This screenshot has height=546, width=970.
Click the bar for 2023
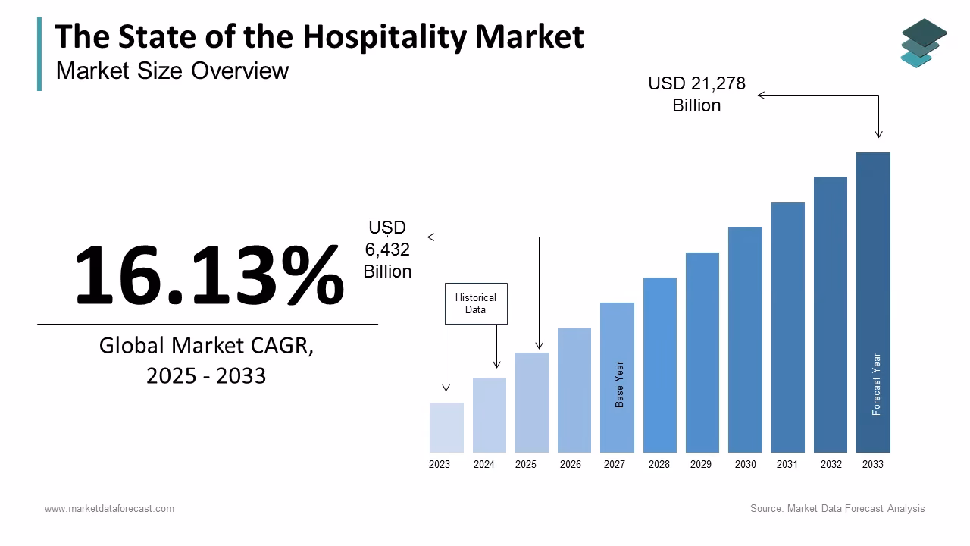(446, 428)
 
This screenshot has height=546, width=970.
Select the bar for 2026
(574, 390)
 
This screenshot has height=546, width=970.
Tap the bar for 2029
(702, 353)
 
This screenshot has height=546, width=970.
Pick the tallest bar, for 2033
(873, 303)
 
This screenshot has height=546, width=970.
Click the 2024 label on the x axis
(483, 464)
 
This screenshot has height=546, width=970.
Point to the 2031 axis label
(787, 464)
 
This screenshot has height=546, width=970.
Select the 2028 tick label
(659, 464)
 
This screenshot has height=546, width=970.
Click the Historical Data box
(476, 303)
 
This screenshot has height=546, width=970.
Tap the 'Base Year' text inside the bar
(620, 384)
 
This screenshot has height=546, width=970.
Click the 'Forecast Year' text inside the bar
(877, 384)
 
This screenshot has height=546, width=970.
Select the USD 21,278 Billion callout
(696, 95)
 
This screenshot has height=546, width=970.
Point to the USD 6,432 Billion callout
(387, 249)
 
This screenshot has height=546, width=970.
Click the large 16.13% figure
(209, 275)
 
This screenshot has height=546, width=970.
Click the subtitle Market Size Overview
(172, 71)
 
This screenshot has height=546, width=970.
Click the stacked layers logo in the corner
(923, 42)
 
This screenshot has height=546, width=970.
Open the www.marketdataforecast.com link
(109, 508)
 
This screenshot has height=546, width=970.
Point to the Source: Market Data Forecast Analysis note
(837, 508)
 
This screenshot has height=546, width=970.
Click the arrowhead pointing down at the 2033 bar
(879, 134)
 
